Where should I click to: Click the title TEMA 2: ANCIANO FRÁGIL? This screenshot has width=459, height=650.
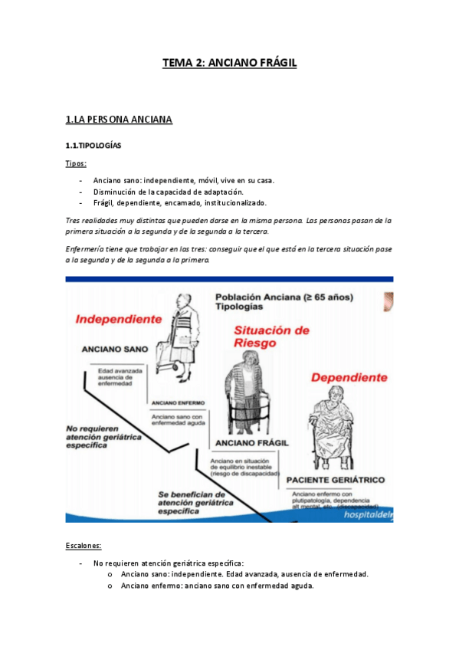click(229, 64)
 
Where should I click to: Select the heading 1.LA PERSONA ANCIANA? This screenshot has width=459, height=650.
click(119, 119)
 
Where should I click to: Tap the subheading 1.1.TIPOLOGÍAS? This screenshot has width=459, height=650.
click(93, 145)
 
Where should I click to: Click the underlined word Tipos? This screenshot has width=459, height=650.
click(76, 163)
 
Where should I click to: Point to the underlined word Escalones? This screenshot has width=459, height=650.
click(84, 545)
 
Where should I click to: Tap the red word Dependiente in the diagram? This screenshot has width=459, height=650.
click(349, 377)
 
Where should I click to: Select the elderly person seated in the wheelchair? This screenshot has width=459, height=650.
click(335, 429)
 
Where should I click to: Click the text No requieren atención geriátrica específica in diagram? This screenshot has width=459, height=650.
click(103, 435)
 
